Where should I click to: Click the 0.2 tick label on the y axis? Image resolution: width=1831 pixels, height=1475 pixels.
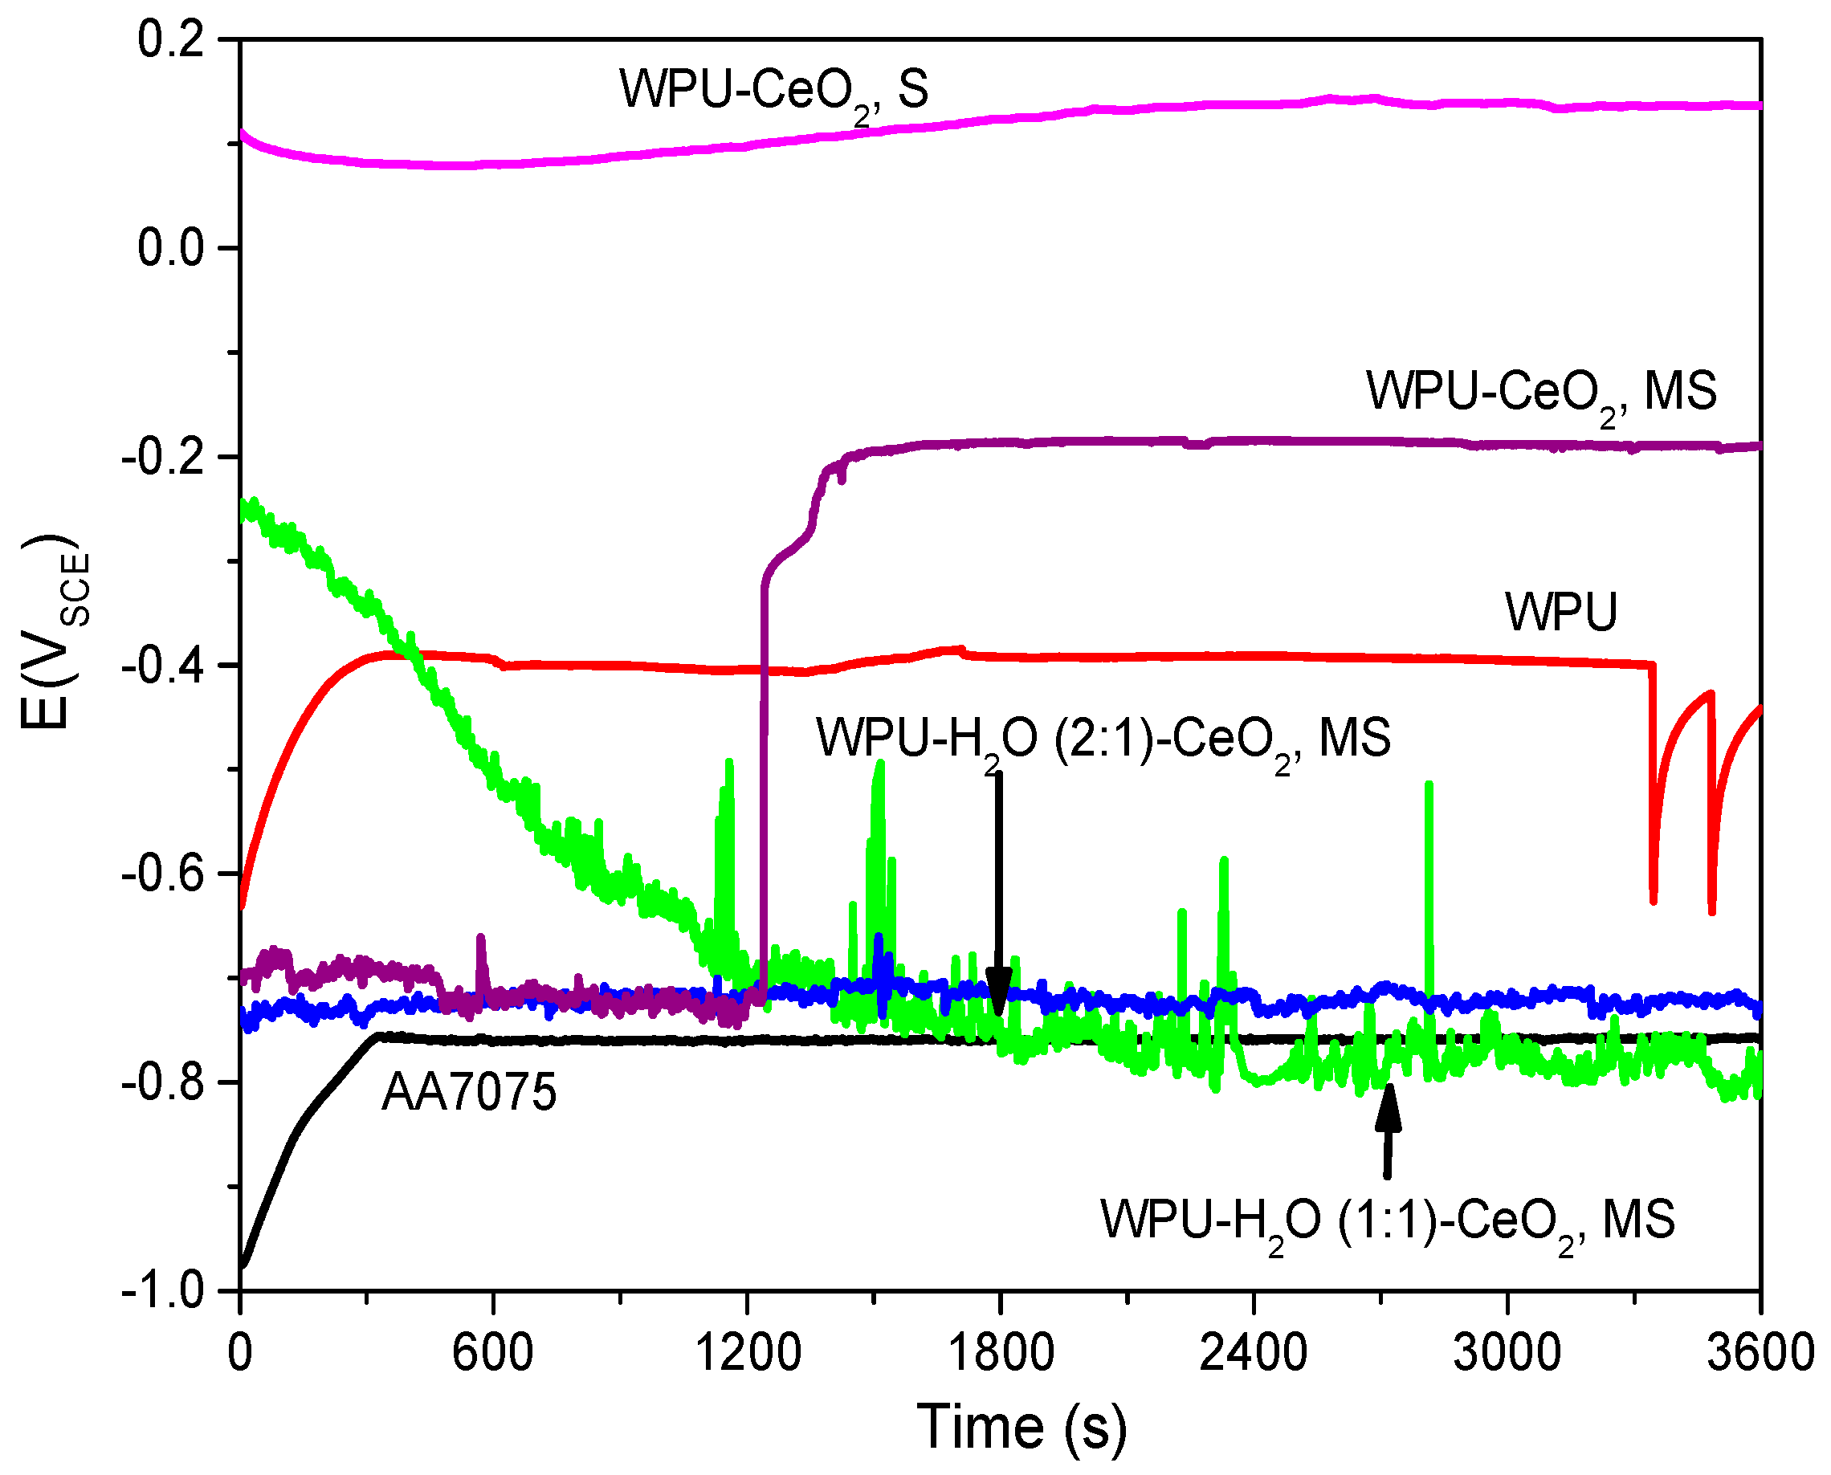[171, 40]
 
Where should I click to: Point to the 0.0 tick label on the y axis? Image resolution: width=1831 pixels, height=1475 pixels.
[171, 248]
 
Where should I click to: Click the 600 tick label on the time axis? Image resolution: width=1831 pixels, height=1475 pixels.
[493, 1352]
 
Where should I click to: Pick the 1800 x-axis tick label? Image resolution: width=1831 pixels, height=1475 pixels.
[1000, 1352]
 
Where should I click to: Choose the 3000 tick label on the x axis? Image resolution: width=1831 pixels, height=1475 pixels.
[1507, 1352]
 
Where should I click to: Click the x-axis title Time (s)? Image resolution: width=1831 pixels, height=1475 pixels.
[1022, 1428]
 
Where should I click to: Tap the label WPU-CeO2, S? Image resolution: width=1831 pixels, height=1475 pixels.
[773, 91]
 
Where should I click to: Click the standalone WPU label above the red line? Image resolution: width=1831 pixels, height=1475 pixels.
[1562, 612]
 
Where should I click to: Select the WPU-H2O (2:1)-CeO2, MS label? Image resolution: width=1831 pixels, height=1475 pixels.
[1103, 740]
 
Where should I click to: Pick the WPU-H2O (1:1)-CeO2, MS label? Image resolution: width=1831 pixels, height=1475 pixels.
[1388, 1222]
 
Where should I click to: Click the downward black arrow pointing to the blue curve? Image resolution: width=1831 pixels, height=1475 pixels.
[999, 892]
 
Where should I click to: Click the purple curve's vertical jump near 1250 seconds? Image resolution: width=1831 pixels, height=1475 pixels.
[764, 764]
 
